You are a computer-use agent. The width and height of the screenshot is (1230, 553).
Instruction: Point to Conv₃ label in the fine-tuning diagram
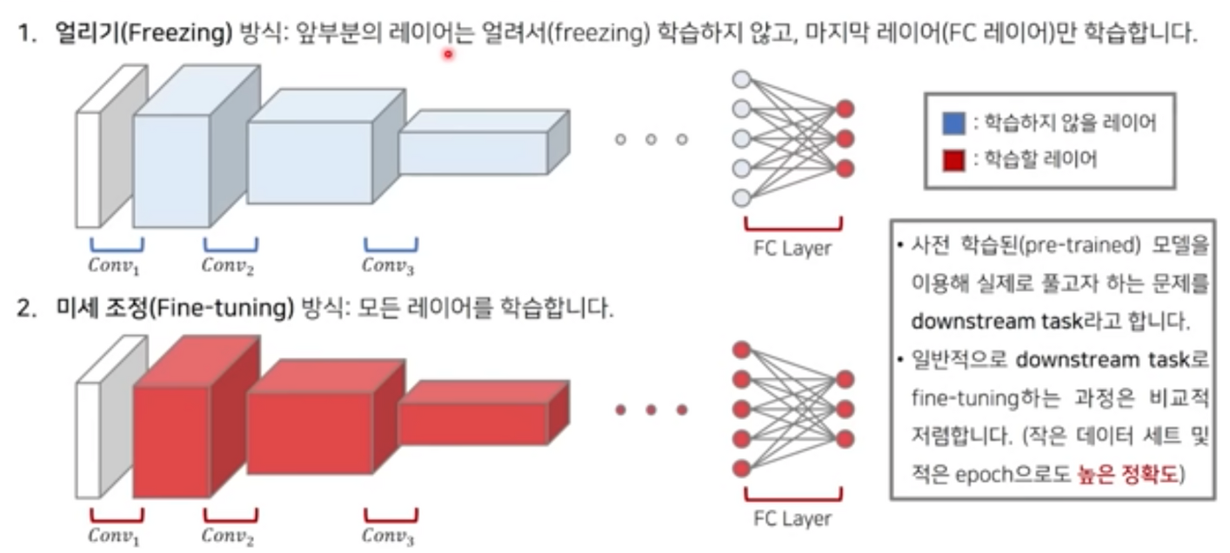(x=389, y=536)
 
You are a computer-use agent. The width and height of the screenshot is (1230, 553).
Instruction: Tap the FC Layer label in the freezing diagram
(x=792, y=248)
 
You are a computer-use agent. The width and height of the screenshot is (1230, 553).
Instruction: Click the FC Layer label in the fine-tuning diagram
(x=792, y=519)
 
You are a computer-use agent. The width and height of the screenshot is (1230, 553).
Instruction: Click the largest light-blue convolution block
(x=171, y=170)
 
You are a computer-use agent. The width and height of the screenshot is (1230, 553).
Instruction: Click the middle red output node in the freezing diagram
(x=845, y=138)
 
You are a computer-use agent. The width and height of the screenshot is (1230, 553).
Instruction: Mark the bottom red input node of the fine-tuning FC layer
(x=741, y=469)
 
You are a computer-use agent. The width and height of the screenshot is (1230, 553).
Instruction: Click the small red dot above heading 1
(x=448, y=54)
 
